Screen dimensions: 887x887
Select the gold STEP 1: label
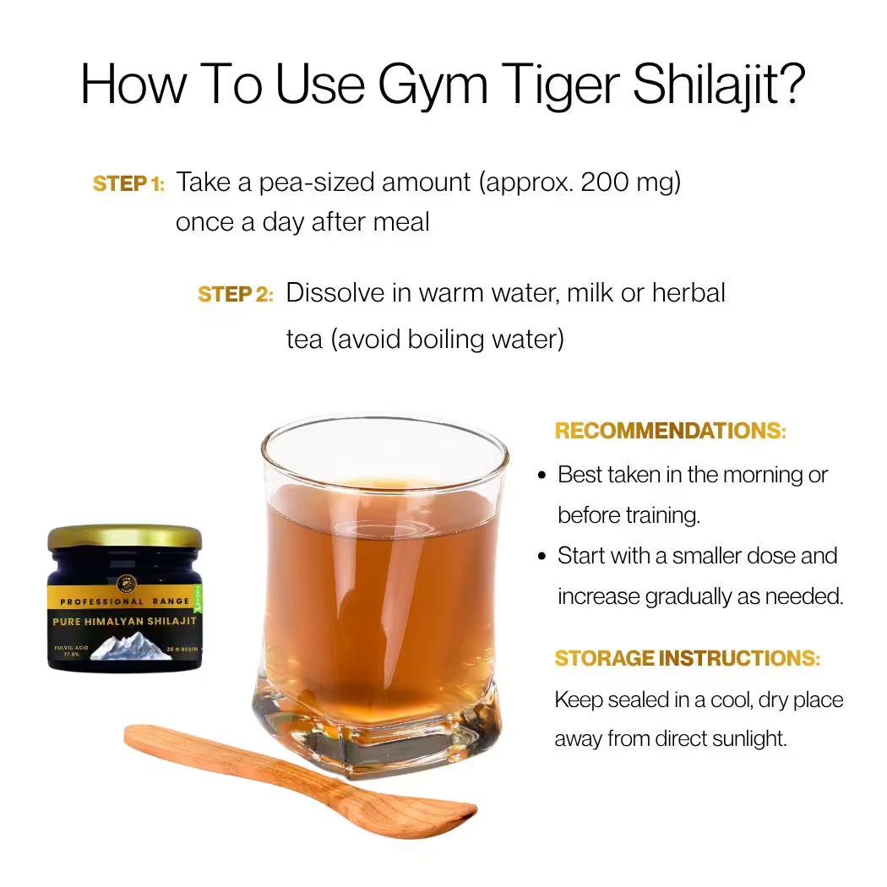[x=128, y=183]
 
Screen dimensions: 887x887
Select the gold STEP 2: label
[x=235, y=294]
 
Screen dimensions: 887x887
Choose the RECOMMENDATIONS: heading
[x=670, y=431]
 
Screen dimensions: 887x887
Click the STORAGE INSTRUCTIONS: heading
[x=687, y=658]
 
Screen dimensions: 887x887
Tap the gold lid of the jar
[x=124, y=536]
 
